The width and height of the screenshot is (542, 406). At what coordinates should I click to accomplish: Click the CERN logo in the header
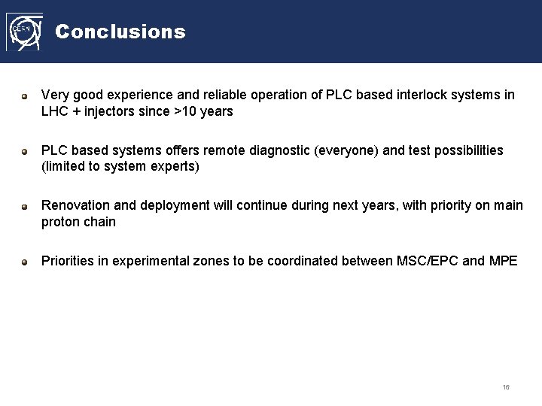[x=24, y=32]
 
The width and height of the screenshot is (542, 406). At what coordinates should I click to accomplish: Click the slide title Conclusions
[x=120, y=32]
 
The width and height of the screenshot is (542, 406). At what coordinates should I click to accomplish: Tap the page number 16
[x=506, y=387]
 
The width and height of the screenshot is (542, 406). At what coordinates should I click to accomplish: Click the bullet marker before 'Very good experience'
[x=25, y=96]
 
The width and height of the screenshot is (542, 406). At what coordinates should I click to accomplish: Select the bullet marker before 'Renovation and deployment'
[x=25, y=206]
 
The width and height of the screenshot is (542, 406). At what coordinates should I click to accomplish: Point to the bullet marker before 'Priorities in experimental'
[x=25, y=262]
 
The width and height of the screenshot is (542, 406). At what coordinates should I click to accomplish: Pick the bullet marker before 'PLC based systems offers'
[x=25, y=151]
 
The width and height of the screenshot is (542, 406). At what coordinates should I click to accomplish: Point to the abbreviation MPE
[x=503, y=261]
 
